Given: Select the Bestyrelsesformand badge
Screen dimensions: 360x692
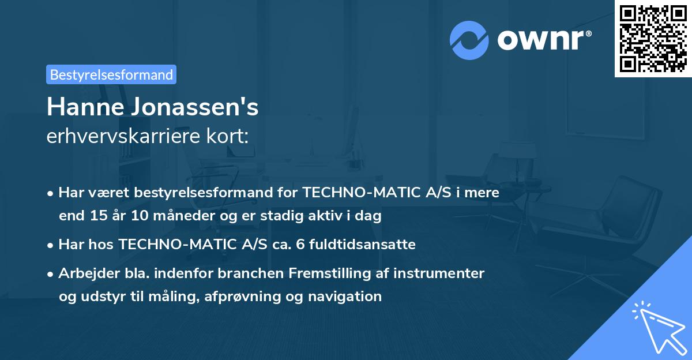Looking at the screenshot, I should [x=111, y=74].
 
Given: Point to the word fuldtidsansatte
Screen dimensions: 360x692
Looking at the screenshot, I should [x=358, y=244].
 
